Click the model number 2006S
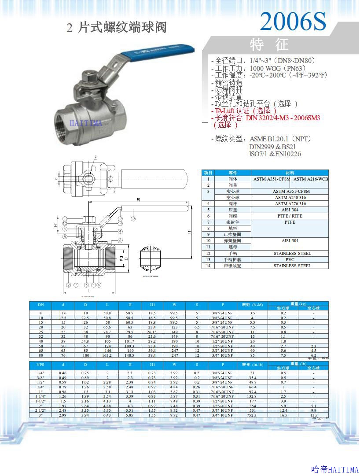[293, 21]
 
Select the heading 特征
[269, 44]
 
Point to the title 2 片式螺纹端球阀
[117, 28]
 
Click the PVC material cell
[292, 259]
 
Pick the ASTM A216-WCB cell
[311, 179]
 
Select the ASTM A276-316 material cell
[292, 203]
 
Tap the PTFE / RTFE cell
[292, 216]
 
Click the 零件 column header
[233, 173]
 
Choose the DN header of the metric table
[40, 305]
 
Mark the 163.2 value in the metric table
[107, 355]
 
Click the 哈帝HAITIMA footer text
[335, 469]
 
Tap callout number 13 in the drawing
[133, 219]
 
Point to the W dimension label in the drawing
[139, 200]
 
